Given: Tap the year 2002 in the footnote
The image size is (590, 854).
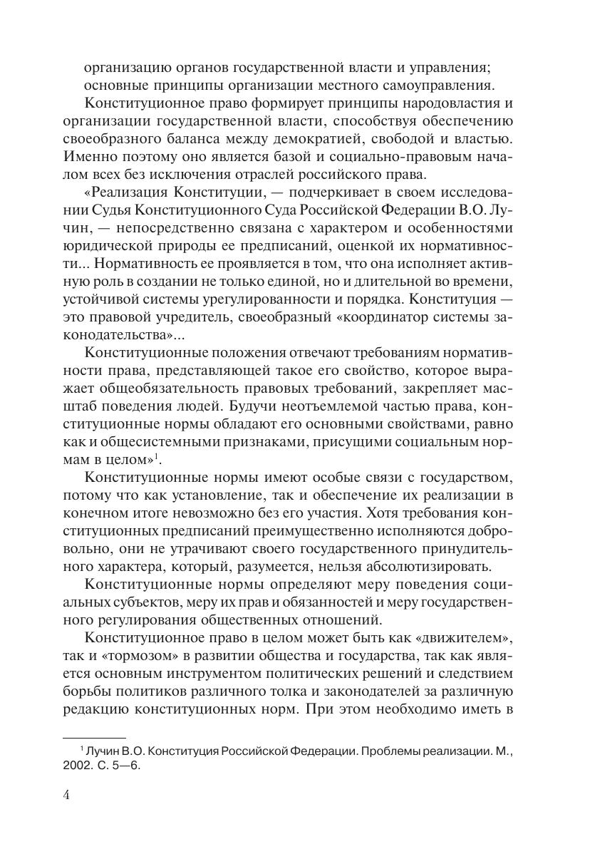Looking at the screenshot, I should (76, 764).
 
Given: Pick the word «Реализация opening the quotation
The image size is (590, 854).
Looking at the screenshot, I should (126, 194).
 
